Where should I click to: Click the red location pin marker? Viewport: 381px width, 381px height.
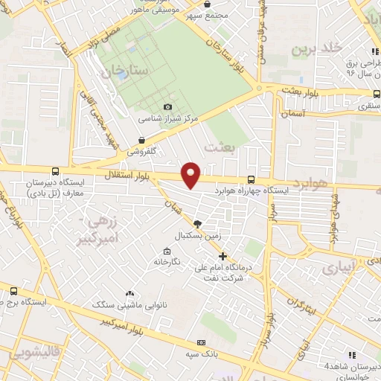(191, 174)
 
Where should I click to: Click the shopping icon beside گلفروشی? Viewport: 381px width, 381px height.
(141, 139)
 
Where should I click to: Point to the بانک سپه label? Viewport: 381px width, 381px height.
(202, 354)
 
